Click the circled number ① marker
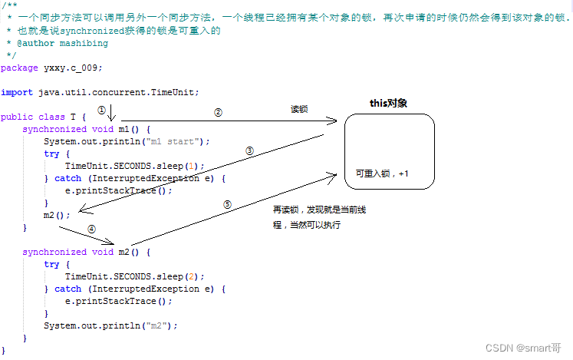[101, 109]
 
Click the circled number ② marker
[218, 112]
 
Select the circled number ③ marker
[249, 151]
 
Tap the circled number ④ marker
[91, 228]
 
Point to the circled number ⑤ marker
[227, 205]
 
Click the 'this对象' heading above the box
[388, 103]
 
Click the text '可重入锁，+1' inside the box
[382, 174]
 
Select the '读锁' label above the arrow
[299, 110]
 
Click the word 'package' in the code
[19, 68]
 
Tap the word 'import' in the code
[17, 92]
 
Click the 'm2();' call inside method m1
[57, 215]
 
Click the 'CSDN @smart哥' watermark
[524, 348]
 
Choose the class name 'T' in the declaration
[73, 117]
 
